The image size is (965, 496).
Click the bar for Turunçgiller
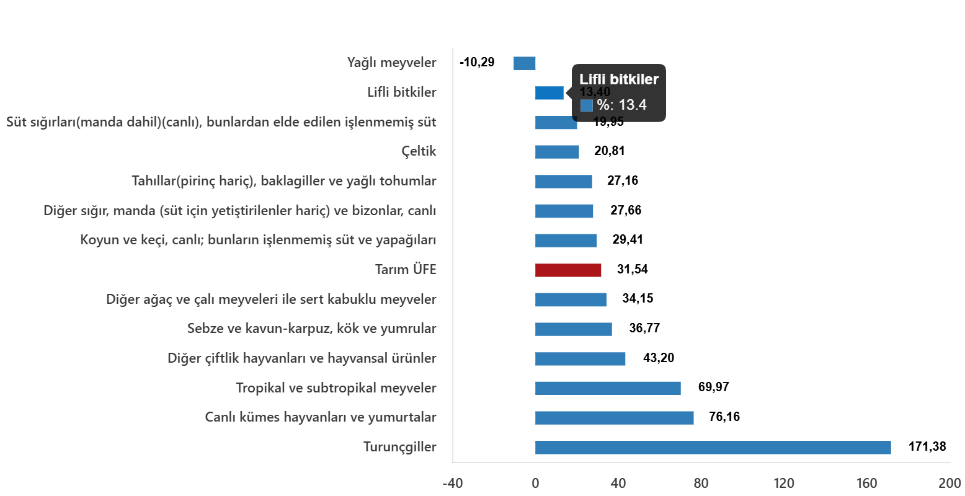pos(713,448)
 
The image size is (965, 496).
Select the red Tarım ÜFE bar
pos(568,270)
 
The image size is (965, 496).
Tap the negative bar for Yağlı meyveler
pos(524,63)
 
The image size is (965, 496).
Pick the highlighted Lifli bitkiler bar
pos(549,93)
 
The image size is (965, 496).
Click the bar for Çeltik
pos(557,152)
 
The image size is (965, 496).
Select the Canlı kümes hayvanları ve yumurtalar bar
pos(614,418)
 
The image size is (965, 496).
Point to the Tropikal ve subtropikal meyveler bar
pos(608,388)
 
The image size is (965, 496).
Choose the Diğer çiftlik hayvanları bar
pos(580,359)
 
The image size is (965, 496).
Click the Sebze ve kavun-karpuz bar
pos(573,329)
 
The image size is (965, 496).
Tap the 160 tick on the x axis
pos(866,484)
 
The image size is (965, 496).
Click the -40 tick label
pos(452,484)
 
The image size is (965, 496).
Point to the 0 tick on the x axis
pos(535,484)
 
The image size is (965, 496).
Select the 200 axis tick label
pos(949,484)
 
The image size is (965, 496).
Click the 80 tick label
pos(701,484)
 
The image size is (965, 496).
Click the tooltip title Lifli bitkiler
pos(618,79)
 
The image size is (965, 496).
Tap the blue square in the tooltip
pos(586,105)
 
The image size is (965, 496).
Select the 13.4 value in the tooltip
pos(633,105)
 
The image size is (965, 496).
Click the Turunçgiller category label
pos(399,447)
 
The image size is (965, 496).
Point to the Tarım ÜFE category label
pos(406,270)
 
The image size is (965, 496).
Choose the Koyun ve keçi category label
pos(258,240)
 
